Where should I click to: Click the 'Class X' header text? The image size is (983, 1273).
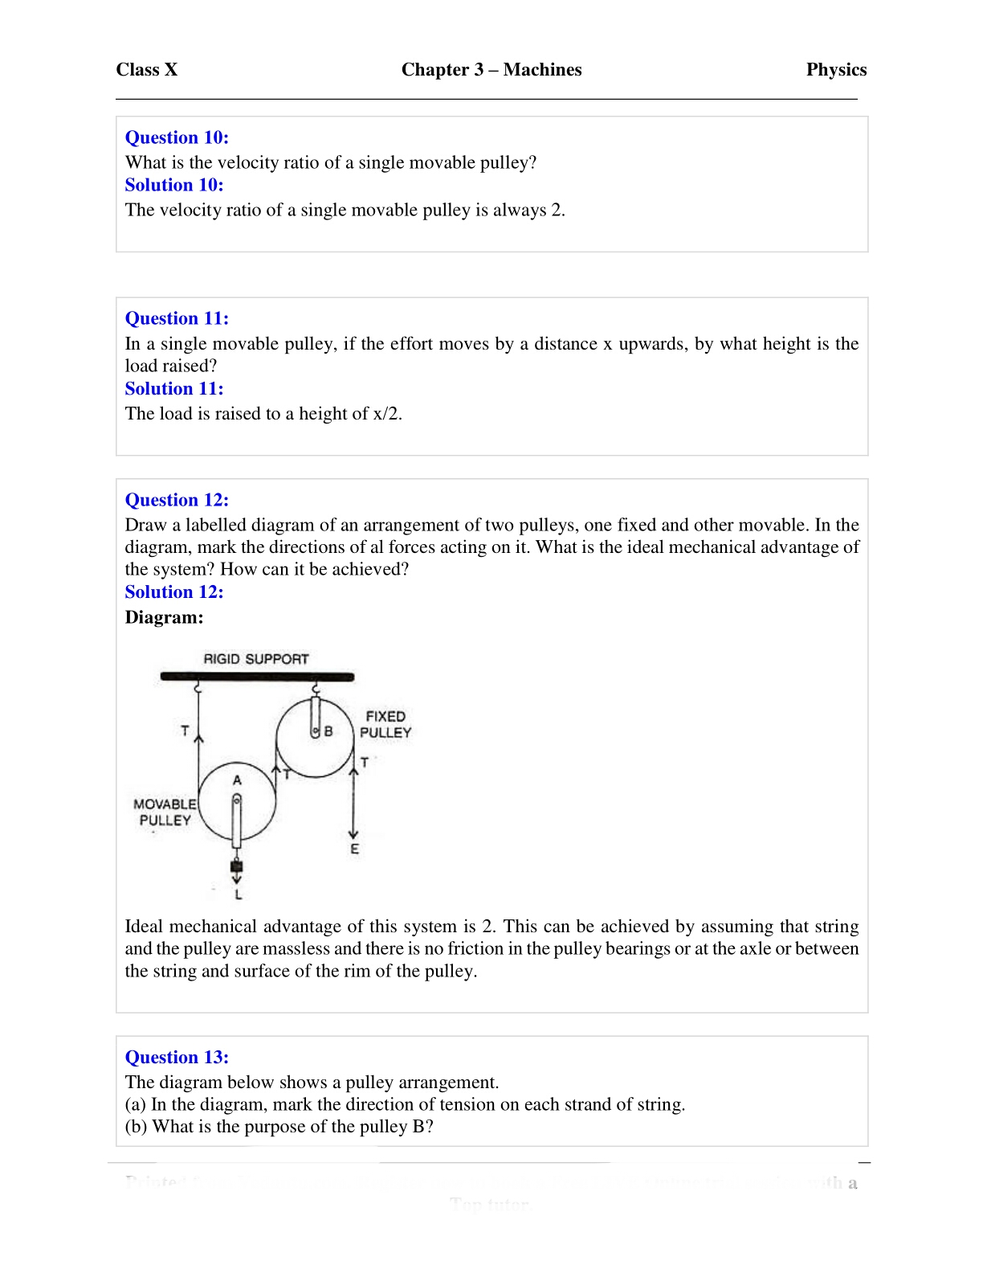[x=146, y=70]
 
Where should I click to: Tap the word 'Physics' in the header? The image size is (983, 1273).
[x=836, y=70]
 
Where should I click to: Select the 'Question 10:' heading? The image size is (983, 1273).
[x=177, y=137]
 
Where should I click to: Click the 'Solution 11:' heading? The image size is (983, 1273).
[x=174, y=389]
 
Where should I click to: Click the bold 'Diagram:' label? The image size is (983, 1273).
[x=164, y=617]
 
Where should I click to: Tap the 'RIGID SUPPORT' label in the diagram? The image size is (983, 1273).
[x=255, y=659]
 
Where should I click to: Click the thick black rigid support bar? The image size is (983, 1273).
[x=257, y=677]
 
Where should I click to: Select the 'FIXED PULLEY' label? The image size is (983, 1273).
[x=385, y=724]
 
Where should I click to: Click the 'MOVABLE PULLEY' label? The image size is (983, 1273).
[x=165, y=812]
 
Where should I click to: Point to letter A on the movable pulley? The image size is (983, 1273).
[x=237, y=780]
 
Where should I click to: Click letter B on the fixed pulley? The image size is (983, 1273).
[x=328, y=732]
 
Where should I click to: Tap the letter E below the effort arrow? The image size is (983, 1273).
[x=354, y=849]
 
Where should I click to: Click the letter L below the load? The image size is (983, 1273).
[x=238, y=894]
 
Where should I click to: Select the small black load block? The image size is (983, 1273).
[x=236, y=866]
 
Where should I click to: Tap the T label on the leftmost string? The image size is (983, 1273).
[x=185, y=731]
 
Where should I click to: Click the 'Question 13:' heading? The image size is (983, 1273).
[x=177, y=1058]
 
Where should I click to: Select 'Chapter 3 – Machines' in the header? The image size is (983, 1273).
[x=491, y=70]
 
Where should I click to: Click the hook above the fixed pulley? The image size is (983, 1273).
[x=316, y=689]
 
